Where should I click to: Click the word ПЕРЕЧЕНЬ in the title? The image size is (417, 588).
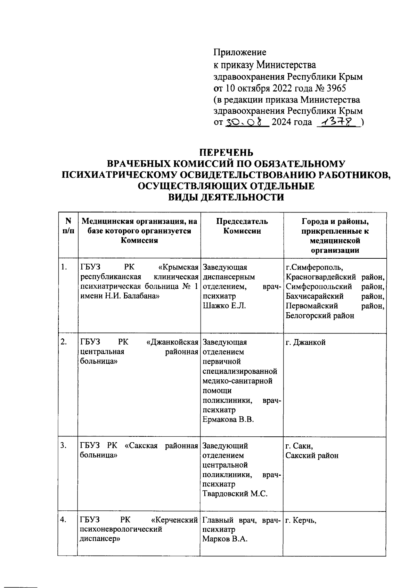(226, 153)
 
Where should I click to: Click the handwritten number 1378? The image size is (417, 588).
(338, 122)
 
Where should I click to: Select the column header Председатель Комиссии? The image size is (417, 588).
(242, 226)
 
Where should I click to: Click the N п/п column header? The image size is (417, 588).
(68, 226)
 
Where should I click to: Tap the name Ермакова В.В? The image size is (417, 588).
(228, 419)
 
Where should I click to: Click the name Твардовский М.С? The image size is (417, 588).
(235, 493)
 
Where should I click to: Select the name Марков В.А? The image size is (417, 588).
(224, 539)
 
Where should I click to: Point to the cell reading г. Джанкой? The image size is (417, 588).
(305, 342)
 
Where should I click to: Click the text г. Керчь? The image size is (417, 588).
(301, 520)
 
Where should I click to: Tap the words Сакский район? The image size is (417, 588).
(312, 456)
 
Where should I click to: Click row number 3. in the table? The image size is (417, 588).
(64, 446)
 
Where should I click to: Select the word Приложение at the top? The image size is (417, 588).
(239, 52)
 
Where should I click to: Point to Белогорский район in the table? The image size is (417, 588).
(320, 315)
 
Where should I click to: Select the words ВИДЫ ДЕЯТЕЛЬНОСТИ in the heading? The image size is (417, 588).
(226, 197)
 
